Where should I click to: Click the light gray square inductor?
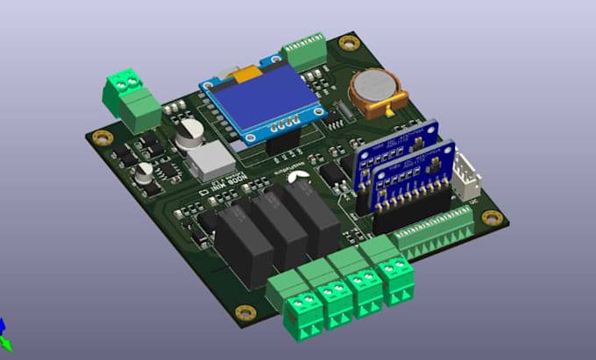tap(210, 159)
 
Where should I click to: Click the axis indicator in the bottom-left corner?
tap(4, 332)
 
